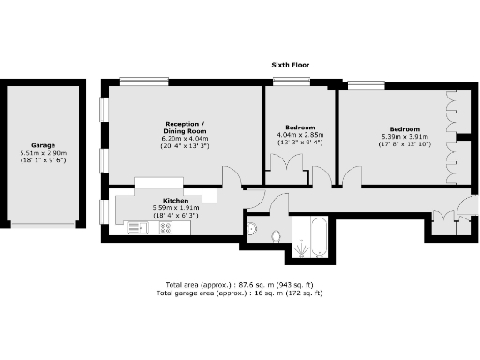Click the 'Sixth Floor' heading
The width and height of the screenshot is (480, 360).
click(x=290, y=65)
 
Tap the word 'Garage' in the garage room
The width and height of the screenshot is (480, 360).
click(x=42, y=146)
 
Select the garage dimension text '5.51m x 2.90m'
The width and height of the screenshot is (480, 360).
click(x=42, y=154)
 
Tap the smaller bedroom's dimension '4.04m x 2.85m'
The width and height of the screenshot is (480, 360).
click(x=300, y=135)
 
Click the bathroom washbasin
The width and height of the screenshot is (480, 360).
click(x=252, y=228)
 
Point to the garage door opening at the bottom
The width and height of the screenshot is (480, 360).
click(x=42, y=227)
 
